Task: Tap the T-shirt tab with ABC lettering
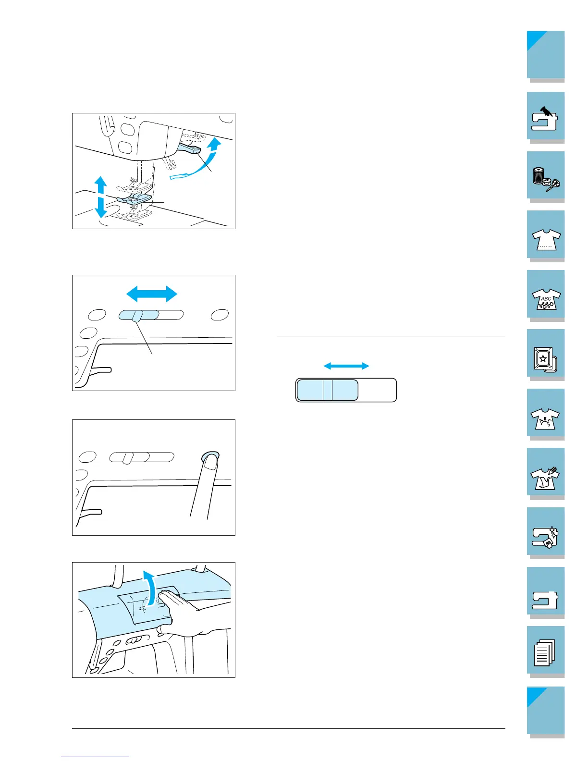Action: coord(546,295)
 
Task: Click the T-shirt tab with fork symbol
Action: coord(546,473)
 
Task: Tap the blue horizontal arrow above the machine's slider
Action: coord(151,293)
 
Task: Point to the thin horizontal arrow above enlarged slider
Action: coord(346,366)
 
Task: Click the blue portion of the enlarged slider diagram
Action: coord(327,390)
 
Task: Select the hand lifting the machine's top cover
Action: coord(180,610)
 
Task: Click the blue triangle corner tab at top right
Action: coord(536,40)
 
